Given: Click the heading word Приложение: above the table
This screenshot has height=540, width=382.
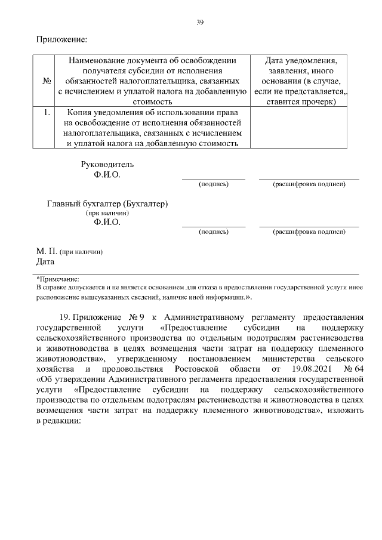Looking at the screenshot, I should (61, 40).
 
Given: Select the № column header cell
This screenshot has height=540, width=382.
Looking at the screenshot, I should (46, 81).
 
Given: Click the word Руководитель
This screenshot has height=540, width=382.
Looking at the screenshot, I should (107, 164).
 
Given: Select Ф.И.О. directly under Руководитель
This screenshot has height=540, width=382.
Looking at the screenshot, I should (107, 175).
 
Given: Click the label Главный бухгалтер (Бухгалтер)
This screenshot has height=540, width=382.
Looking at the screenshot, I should (107, 203).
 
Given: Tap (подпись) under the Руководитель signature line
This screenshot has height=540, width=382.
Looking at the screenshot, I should (213, 184).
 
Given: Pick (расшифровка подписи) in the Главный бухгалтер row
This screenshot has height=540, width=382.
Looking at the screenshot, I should (309, 231).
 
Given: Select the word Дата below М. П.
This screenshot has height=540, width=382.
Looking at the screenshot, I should (45, 261).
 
